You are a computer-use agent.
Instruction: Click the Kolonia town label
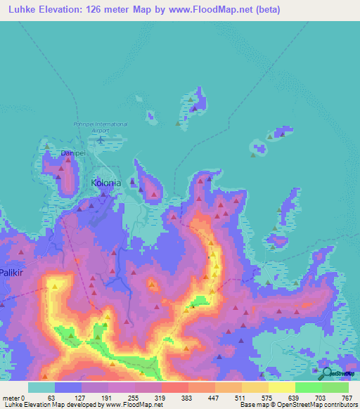pyautogui.click(x=106, y=183)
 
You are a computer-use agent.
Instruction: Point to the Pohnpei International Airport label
pyautogui.click(x=101, y=126)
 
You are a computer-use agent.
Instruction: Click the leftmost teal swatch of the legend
pyautogui.click(x=41, y=387)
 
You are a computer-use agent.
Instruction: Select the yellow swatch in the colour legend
pyautogui.click(x=282, y=387)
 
